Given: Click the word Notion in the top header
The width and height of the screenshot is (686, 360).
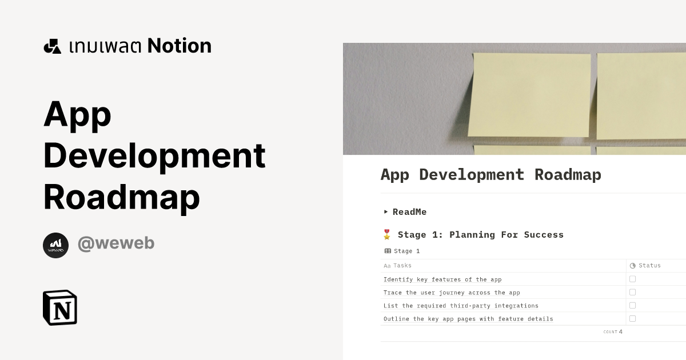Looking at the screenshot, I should pyautogui.click(x=179, y=46).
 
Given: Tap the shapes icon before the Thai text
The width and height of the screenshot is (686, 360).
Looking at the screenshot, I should pyautogui.click(x=52, y=46).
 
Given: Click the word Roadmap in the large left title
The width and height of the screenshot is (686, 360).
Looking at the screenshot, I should pyautogui.click(x=121, y=197).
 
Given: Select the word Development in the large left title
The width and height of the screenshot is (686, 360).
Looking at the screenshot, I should pyautogui.click(x=154, y=155).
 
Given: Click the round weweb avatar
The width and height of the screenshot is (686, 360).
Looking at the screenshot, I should pyautogui.click(x=55, y=245).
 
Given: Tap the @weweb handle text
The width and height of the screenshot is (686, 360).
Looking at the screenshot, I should pyautogui.click(x=116, y=243).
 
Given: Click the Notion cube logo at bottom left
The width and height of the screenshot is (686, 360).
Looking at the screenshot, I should pyautogui.click(x=60, y=308).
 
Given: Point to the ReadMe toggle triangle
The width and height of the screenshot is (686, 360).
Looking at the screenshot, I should pyautogui.click(x=386, y=211).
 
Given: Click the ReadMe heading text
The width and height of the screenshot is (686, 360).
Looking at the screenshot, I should pyautogui.click(x=409, y=212).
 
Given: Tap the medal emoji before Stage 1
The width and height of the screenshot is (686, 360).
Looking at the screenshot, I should pyautogui.click(x=387, y=234).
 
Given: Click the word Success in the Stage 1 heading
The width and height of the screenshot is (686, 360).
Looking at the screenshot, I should pyautogui.click(x=544, y=235).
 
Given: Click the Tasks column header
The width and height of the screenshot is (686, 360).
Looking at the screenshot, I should pyautogui.click(x=402, y=265).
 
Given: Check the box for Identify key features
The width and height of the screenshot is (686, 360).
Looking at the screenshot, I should pyautogui.click(x=632, y=279).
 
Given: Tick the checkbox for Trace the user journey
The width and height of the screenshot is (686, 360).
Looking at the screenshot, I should pyautogui.click(x=632, y=292).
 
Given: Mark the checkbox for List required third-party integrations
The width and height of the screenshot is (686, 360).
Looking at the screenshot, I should pyautogui.click(x=632, y=305).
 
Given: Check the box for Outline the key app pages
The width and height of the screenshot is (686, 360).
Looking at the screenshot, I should pyautogui.click(x=632, y=318).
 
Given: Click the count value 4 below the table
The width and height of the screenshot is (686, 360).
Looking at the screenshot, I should pyautogui.click(x=620, y=331).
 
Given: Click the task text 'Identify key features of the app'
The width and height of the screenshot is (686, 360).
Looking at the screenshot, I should pyautogui.click(x=442, y=279).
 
